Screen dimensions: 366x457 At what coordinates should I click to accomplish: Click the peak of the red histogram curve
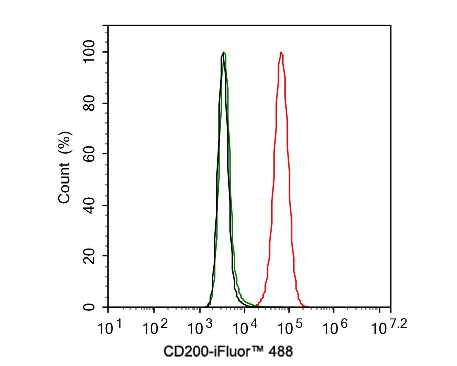[281, 52]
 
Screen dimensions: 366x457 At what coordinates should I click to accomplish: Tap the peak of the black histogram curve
[223, 52]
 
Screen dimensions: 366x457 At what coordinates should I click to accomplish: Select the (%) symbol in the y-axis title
[64, 142]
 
